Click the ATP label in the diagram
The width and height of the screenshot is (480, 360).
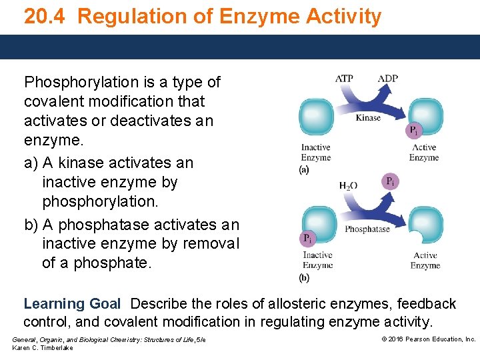[x=344, y=79]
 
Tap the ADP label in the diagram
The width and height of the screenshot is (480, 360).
[x=387, y=79]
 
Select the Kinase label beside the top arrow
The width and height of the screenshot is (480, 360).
[x=368, y=118]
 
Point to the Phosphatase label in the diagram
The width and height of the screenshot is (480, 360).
[x=367, y=229]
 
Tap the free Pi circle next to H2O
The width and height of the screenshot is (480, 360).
[x=391, y=181]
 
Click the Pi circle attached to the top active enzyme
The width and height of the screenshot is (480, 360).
[x=414, y=130]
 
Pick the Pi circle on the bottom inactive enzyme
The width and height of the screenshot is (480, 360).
[x=307, y=238]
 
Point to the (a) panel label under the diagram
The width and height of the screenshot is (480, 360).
[x=304, y=171]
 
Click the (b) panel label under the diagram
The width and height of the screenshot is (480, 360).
[x=304, y=277]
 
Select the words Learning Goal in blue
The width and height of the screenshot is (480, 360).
[x=72, y=304]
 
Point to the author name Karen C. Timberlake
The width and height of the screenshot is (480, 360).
[x=43, y=348]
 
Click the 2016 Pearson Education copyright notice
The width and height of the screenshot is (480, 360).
[x=428, y=339]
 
